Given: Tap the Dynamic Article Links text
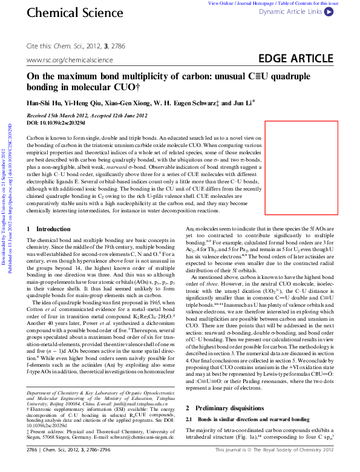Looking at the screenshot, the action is (x=290, y=11).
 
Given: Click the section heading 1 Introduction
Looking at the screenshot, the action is (x=49, y=212).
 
